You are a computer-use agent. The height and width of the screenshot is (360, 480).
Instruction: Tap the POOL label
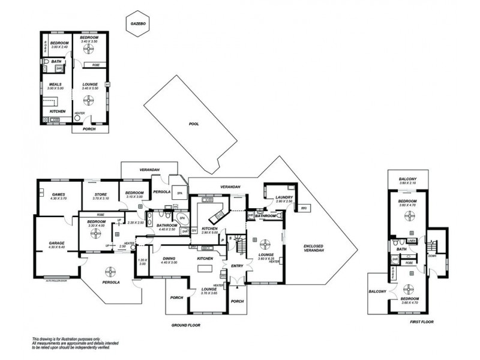coord(193,124)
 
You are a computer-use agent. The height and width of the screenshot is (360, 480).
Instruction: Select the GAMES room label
coord(58,194)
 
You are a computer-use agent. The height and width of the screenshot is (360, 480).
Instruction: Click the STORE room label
coord(100,194)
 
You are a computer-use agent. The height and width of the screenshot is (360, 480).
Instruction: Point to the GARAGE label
coord(57,243)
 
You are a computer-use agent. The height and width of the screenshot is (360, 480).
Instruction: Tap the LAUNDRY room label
coord(284,197)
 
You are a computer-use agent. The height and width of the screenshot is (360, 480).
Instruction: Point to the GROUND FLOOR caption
coord(185,325)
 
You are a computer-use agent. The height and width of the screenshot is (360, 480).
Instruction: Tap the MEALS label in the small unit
coord(55,84)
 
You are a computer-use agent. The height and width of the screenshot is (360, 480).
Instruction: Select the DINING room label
coord(169,259)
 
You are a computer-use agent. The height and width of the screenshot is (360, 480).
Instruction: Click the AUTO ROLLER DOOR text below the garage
coord(56,278)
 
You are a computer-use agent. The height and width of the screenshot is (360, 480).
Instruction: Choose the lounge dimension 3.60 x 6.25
coord(266,259)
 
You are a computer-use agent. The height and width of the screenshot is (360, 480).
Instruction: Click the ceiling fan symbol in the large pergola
coord(110,271)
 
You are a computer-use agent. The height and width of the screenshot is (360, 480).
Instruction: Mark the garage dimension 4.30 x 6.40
coord(57,247)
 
